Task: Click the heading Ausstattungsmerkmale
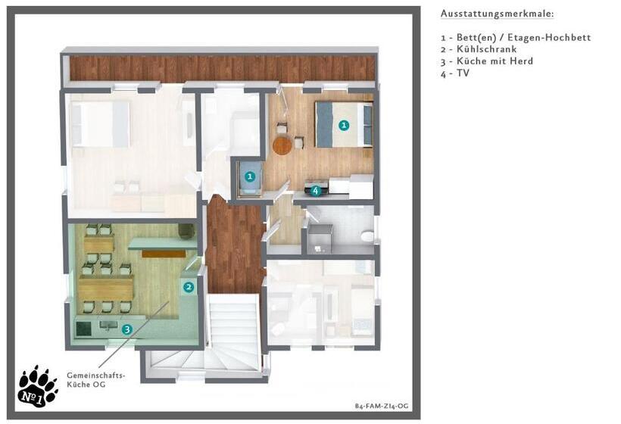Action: click(x=497, y=14)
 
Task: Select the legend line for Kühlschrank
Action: click(x=479, y=49)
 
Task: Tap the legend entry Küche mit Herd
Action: click(x=487, y=61)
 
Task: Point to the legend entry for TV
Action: click(x=454, y=73)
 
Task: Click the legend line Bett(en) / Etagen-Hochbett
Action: click(x=516, y=38)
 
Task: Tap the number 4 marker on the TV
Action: click(x=315, y=191)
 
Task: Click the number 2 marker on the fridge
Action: click(x=189, y=287)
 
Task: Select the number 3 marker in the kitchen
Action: click(x=126, y=329)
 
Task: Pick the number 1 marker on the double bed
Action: click(x=344, y=125)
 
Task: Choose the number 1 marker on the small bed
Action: click(x=249, y=176)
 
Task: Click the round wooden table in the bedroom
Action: click(x=282, y=145)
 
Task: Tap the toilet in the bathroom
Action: click(x=367, y=237)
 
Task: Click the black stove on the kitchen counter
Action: click(x=83, y=328)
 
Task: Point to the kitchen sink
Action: click(x=108, y=326)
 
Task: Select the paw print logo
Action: click(x=38, y=386)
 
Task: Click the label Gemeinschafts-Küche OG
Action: click(x=96, y=379)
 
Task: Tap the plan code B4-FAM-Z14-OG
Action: click(x=382, y=406)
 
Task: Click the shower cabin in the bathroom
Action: click(x=320, y=238)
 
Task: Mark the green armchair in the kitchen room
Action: click(x=186, y=231)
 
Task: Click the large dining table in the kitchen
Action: click(x=106, y=288)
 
